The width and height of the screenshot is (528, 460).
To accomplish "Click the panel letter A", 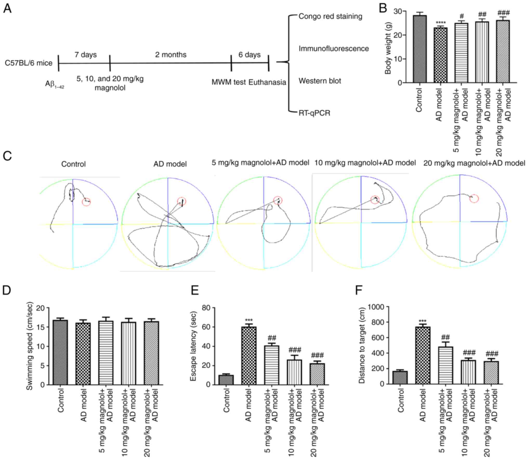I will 7,9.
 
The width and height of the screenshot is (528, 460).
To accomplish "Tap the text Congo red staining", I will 330,16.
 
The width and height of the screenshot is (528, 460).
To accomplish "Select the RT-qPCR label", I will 314,113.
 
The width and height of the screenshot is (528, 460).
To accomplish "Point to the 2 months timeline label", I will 171,55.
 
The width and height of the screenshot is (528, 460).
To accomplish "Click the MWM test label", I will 228,82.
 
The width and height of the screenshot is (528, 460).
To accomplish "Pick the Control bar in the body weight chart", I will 419,49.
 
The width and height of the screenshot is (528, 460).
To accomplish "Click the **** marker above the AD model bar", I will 440,23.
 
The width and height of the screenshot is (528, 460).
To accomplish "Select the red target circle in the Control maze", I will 86,202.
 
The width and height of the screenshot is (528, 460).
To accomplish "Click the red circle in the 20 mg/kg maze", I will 474,198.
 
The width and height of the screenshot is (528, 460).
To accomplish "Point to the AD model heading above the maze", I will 170,164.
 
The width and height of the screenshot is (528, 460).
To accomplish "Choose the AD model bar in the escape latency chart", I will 249,356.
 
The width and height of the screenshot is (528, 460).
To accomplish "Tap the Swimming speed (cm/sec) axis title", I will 30,346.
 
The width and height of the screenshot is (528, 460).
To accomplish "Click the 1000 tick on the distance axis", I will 376,307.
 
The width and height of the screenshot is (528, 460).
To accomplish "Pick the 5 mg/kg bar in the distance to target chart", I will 445,365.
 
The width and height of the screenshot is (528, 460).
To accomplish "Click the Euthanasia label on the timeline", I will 267,82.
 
